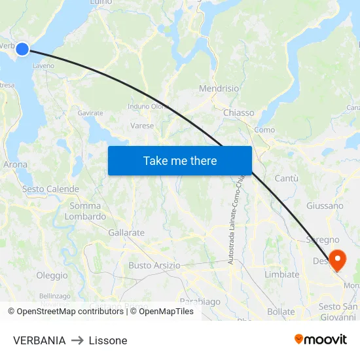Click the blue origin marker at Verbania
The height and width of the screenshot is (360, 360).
point(22,49)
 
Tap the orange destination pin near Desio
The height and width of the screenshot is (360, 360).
point(338,260)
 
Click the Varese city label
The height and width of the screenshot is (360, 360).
point(142,126)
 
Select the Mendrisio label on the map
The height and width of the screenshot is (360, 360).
point(219,88)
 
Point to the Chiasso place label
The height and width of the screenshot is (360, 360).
point(238,113)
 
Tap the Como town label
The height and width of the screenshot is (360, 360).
point(264,130)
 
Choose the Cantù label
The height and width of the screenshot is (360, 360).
point(286,178)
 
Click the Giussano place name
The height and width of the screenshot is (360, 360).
point(325,206)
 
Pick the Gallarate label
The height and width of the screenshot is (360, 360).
point(126,232)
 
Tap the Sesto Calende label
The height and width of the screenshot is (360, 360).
point(41,189)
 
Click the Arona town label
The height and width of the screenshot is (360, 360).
point(16,165)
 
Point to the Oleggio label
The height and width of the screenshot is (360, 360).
point(52,276)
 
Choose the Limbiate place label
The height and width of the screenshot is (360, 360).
point(281,274)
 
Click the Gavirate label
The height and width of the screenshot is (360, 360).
point(90,113)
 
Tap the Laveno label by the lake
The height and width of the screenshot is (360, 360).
point(43,66)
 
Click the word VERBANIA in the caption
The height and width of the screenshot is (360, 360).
point(39,340)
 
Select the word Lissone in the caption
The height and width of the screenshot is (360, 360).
point(108,340)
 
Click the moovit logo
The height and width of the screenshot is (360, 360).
point(321,339)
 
